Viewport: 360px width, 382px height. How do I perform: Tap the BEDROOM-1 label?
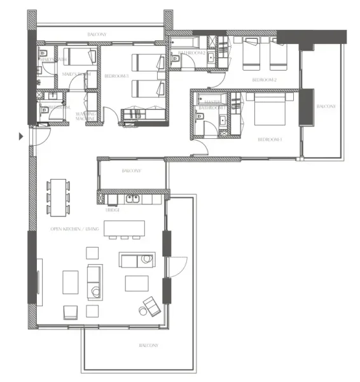click(x=269, y=139)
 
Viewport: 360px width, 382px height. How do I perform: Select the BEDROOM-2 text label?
click(x=263, y=80)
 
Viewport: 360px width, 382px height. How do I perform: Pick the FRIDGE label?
click(x=113, y=209)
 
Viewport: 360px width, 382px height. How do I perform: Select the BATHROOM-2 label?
click(x=191, y=52)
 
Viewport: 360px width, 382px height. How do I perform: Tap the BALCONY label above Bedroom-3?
click(x=97, y=34)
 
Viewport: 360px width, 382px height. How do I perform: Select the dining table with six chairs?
click(x=58, y=196)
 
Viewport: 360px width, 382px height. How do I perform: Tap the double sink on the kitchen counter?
click(x=134, y=198)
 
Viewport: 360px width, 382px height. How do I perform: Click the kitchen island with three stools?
click(x=124, y=227)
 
